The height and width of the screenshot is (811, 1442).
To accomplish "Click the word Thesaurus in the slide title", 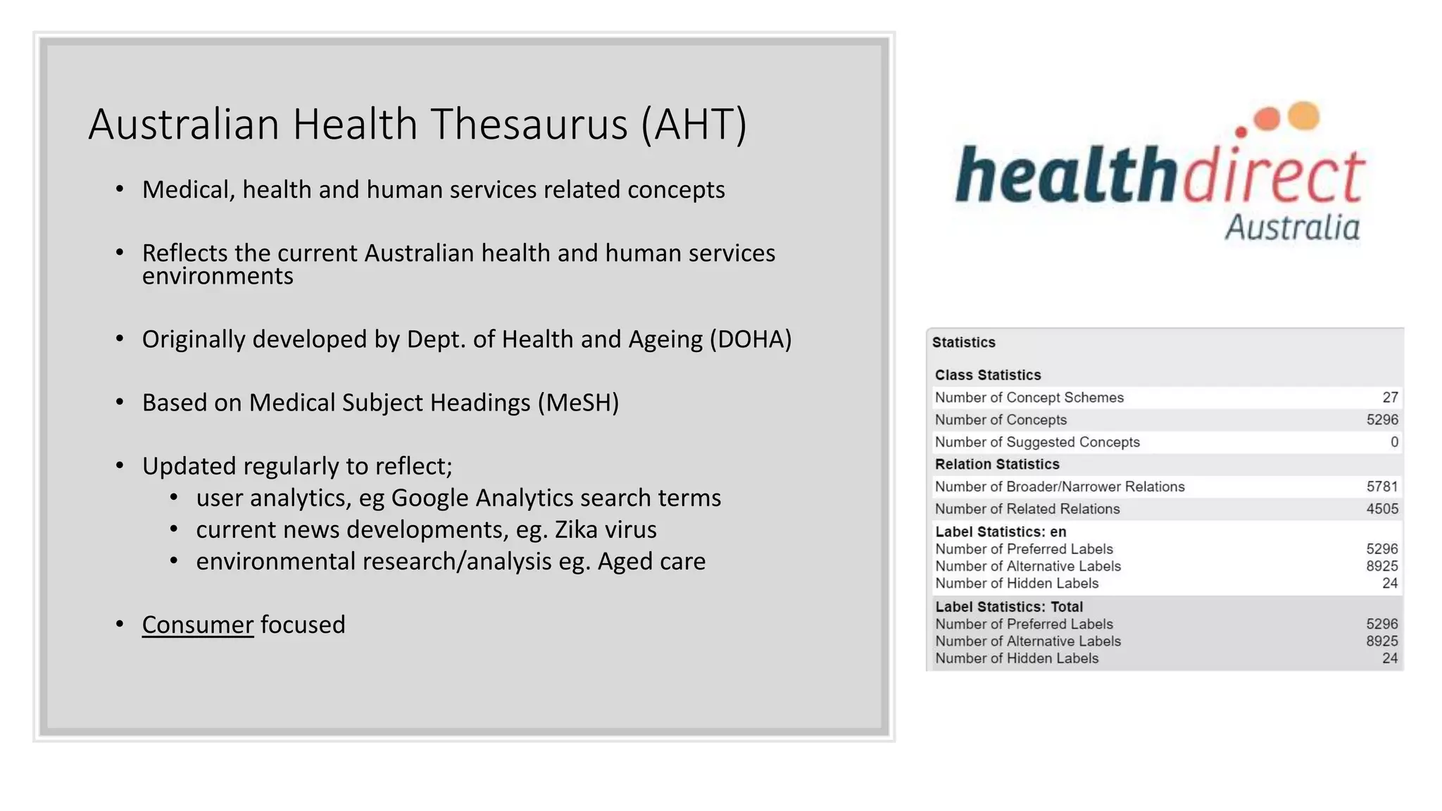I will coord(529,125).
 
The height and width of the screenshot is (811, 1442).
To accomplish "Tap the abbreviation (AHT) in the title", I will coord(694,125).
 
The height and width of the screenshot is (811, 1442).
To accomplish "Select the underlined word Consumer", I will coord(197,624).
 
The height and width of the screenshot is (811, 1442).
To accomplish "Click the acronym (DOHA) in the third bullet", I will coord(751,339).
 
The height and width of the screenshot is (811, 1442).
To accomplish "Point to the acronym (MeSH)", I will coord(578,403).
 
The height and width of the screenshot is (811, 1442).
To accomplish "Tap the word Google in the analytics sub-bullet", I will coord(430,498).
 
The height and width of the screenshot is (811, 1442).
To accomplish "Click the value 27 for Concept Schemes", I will coord(1390,398).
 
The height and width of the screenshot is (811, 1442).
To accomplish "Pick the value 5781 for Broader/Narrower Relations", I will coord(1381,486).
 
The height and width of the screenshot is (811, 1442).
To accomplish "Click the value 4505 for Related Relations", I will coord(1381,509).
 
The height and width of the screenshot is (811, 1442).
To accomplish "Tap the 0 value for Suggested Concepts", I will coord(1394,442).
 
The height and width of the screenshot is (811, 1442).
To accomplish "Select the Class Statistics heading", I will coord(987,375).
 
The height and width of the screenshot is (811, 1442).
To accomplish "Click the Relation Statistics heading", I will coord(996,465).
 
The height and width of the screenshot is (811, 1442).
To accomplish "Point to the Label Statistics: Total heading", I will coord(1008,607).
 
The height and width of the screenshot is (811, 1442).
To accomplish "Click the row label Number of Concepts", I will coord(1000,420).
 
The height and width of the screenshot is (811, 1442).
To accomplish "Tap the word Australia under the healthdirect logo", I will coord(1292,228).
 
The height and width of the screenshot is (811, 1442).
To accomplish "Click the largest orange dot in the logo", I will coord(1303,115).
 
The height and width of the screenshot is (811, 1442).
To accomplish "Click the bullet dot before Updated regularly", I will coord(120,466).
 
